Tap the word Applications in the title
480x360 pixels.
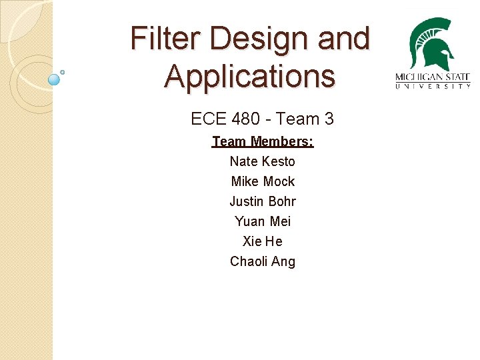(249, 75)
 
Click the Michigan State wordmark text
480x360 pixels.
(433, 76)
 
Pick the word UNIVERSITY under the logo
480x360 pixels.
(433, 86)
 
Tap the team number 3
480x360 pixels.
(329, 119)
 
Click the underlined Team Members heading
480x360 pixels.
(263, 141)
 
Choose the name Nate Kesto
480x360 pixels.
(263, 161)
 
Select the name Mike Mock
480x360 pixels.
(263, 181)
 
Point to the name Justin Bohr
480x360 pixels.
(263, 201)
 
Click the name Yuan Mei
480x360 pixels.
(263, 221)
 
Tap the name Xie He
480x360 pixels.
(263, 241)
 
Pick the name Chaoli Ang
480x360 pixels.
(263, 261)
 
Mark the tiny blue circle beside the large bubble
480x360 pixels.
(63, 71)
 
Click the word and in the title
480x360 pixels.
(343, 39)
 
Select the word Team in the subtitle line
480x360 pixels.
(297, 119)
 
